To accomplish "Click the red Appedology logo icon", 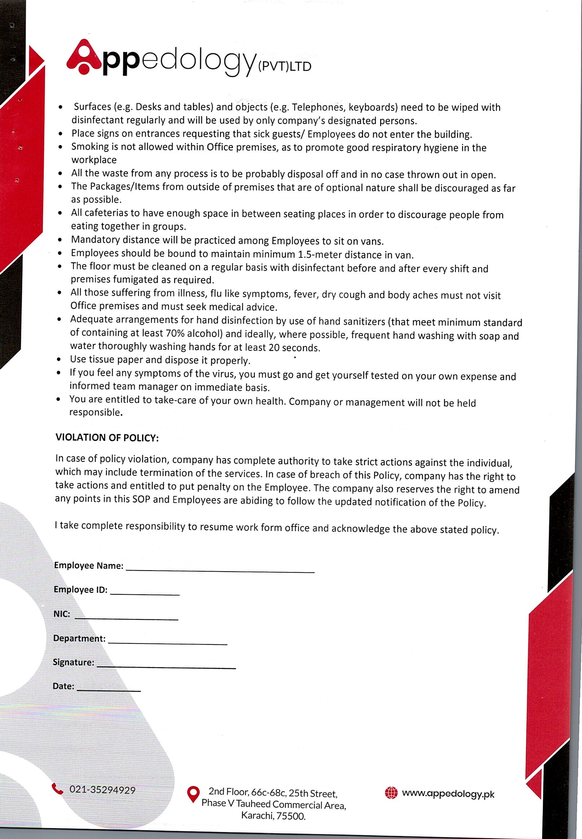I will pos(84,57).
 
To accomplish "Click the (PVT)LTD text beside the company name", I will pos(284,67).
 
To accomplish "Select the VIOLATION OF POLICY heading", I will pos(107,438).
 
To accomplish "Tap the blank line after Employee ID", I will pos(145,594).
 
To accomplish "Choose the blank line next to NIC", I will pos(126,619).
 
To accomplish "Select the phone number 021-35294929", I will pos(102,790).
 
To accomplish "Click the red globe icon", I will pos(391,793).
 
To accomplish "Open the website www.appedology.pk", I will pos(448,794).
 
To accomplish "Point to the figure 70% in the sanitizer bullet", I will pos(175,333).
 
